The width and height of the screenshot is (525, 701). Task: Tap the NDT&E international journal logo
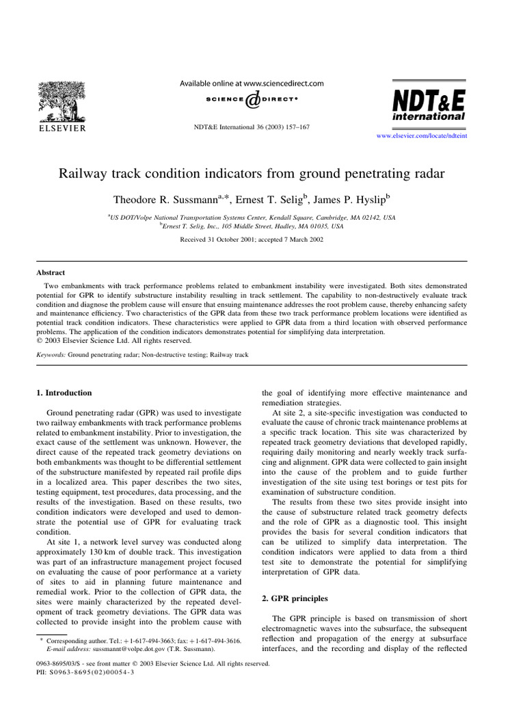tap(428, 105)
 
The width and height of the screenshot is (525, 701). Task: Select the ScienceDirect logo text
tap(252, 100)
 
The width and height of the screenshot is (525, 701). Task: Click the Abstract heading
tap(51, 272)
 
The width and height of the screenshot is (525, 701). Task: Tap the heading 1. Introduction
tap(64, 393)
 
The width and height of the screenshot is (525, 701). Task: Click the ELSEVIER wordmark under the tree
tap(61, 128)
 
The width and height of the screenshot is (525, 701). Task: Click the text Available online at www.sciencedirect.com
tap(252, 84)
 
